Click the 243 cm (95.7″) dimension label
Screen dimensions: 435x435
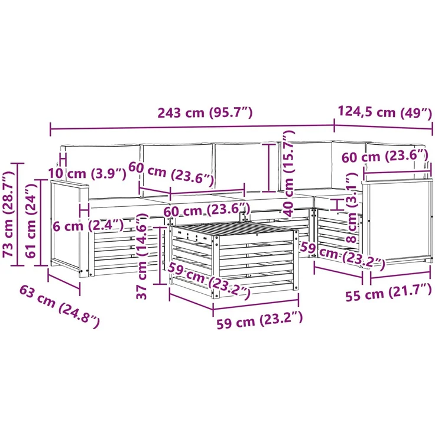click(205, 113)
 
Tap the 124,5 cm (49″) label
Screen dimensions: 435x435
click(385, 112)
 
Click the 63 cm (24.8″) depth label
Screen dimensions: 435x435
click(59, 307)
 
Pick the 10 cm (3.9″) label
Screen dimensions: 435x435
click(87, 174)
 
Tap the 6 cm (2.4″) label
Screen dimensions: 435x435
click(88, 226)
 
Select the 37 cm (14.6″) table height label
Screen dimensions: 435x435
click(142, 256)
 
